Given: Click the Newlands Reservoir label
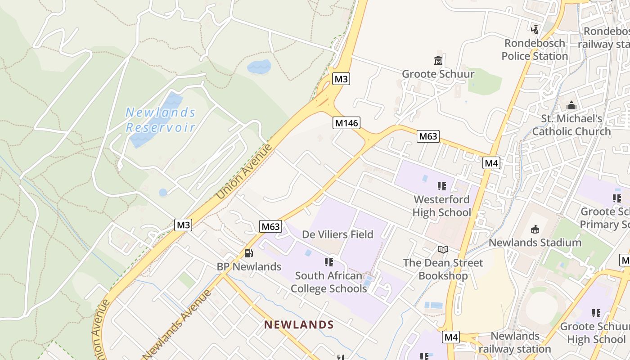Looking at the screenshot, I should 161,120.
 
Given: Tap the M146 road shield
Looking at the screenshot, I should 346,123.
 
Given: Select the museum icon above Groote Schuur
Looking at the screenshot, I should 438,60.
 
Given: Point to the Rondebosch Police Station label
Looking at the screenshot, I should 535,49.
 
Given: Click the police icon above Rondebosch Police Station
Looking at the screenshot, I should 535,29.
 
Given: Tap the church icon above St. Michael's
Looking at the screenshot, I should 571,105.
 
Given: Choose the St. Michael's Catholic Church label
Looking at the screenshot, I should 571,125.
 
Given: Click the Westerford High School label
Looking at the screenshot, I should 441,206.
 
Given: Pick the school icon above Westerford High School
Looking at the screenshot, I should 441,186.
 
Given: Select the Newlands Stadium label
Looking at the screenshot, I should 535,243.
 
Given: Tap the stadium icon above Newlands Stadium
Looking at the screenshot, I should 535,229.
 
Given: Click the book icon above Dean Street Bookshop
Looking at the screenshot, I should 443,249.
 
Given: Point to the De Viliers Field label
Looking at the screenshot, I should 337,234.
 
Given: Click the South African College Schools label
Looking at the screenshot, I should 328,282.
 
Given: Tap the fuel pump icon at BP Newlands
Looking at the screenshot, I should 248,253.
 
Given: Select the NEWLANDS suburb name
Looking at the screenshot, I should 299,324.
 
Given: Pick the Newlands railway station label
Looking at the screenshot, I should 515,342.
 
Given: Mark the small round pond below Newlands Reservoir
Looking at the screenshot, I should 163,193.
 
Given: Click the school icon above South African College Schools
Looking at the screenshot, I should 328,262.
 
